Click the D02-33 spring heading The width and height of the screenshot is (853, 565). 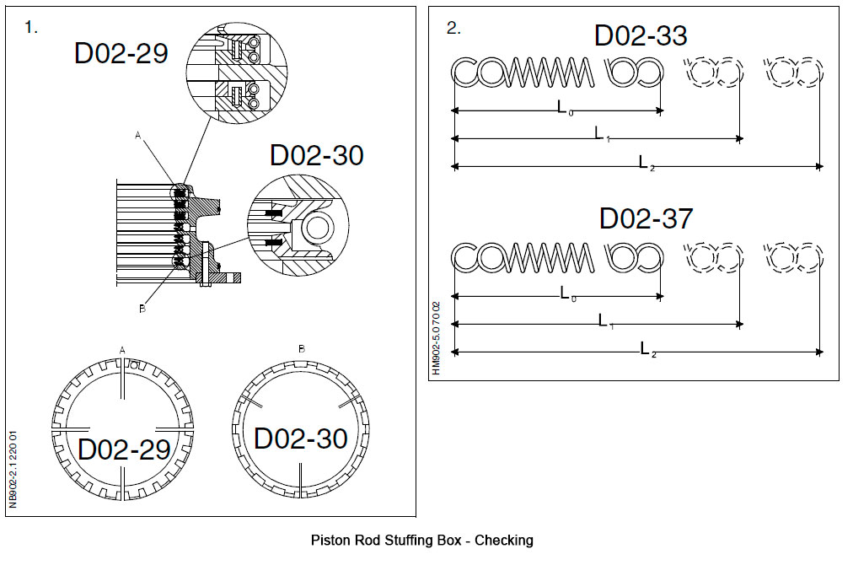[x=641, y=35]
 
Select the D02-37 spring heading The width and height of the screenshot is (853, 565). [x=646, y=218]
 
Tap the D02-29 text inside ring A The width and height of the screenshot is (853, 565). [x=125, y=449]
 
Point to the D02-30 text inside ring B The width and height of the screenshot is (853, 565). [x=301, y=439]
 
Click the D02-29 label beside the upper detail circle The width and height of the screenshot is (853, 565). [x=121, y=53]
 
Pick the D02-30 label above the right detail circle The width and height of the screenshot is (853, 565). [x=317, y=155]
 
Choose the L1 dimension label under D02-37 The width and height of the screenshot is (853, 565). [x=604, y=321]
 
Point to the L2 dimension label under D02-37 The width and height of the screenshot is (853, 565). [x=646, y=349]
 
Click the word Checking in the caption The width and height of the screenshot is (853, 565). [x=504, y=541]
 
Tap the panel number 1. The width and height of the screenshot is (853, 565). [x=32, y=28]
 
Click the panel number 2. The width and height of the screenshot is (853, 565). [x=453, y=28]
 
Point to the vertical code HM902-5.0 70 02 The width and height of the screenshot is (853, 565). [x=436, y=336]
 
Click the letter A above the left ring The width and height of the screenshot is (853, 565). [x=123, y=348]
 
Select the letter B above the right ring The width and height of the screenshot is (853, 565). [x=302, y=348]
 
